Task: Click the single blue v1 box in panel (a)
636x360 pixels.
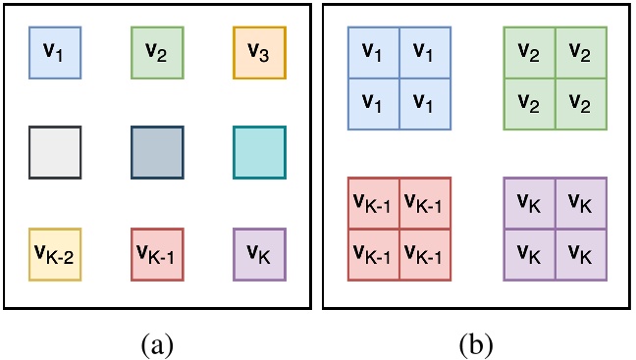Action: [54, 51]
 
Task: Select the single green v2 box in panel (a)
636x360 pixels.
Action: [157, 51]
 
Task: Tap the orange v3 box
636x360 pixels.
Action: [259, 51]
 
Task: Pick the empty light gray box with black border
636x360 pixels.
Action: [54, 152]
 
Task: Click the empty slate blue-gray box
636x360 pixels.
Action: [157, 152]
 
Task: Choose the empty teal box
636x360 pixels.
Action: [259, 152]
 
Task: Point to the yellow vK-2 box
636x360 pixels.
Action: [54, 253]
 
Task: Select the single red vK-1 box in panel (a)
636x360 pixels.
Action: [157, 253]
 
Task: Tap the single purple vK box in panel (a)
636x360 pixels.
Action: [259, 253]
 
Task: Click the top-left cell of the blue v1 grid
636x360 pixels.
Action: [374, 52]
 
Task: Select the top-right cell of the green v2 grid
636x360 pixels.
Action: [580, 52]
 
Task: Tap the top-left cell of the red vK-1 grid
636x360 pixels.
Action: [374, 203]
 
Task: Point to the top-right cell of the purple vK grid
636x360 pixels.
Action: [580, 203]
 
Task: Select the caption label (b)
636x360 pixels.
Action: [476, 343]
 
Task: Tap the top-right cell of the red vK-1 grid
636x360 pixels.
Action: [425, 203]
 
